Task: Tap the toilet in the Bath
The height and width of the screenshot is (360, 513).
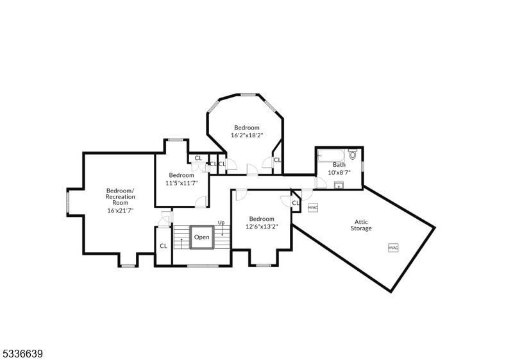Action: click(x=353, y=154)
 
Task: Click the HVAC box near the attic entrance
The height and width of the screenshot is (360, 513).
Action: click(x=313, y=207)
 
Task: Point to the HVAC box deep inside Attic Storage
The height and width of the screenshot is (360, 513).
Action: click(x=392, y=248)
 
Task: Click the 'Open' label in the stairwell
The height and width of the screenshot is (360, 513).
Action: click(x=201, y=237)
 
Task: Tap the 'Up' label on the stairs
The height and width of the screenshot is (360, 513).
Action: click(x=221, y=223)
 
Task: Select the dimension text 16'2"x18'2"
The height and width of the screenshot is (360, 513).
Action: click(x=247, y=135)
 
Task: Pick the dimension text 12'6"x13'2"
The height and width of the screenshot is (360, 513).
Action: click(x=262, y=226)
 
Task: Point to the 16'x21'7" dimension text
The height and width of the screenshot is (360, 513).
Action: click(x=121, y=210)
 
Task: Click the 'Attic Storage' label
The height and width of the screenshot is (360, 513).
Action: click(x=360, y=225)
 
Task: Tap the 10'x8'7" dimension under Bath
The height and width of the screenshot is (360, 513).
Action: click(x=339, y=172)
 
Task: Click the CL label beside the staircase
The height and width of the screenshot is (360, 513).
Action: click(x=164, y=246)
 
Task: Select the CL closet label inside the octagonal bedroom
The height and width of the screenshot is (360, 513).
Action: click(x=277, y=160)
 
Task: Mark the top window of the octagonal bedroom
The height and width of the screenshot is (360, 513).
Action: click(x=248, y=94)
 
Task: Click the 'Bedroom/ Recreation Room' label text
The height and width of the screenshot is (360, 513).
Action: click(x=121, y=196)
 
